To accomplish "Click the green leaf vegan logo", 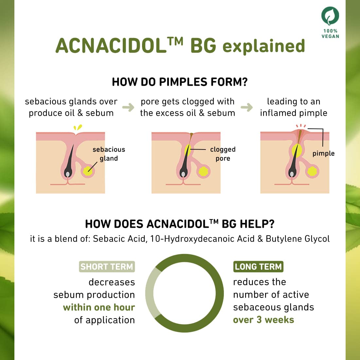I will [x=330, y=16].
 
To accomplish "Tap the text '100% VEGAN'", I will [x=330, y=33].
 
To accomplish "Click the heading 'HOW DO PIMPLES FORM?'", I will [x=180, y=82].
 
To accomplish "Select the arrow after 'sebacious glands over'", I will [x=128, y=107].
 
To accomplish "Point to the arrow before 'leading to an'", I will [x=247, y=107].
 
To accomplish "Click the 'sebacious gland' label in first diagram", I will [x=109, y=154].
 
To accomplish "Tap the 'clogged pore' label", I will [x=223, y=154].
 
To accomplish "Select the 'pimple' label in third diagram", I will [x=323, y=153].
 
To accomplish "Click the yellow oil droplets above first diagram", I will [x=78, y=127].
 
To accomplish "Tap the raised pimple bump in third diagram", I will [x=300, y=132].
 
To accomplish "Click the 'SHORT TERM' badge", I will [x=107, y=267].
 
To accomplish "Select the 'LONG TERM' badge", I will [x=258, y=267].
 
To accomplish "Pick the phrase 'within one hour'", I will [x=99, y=307].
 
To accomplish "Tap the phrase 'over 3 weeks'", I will [x=263, y=320].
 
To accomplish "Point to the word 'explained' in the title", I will [x=264, y=46].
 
